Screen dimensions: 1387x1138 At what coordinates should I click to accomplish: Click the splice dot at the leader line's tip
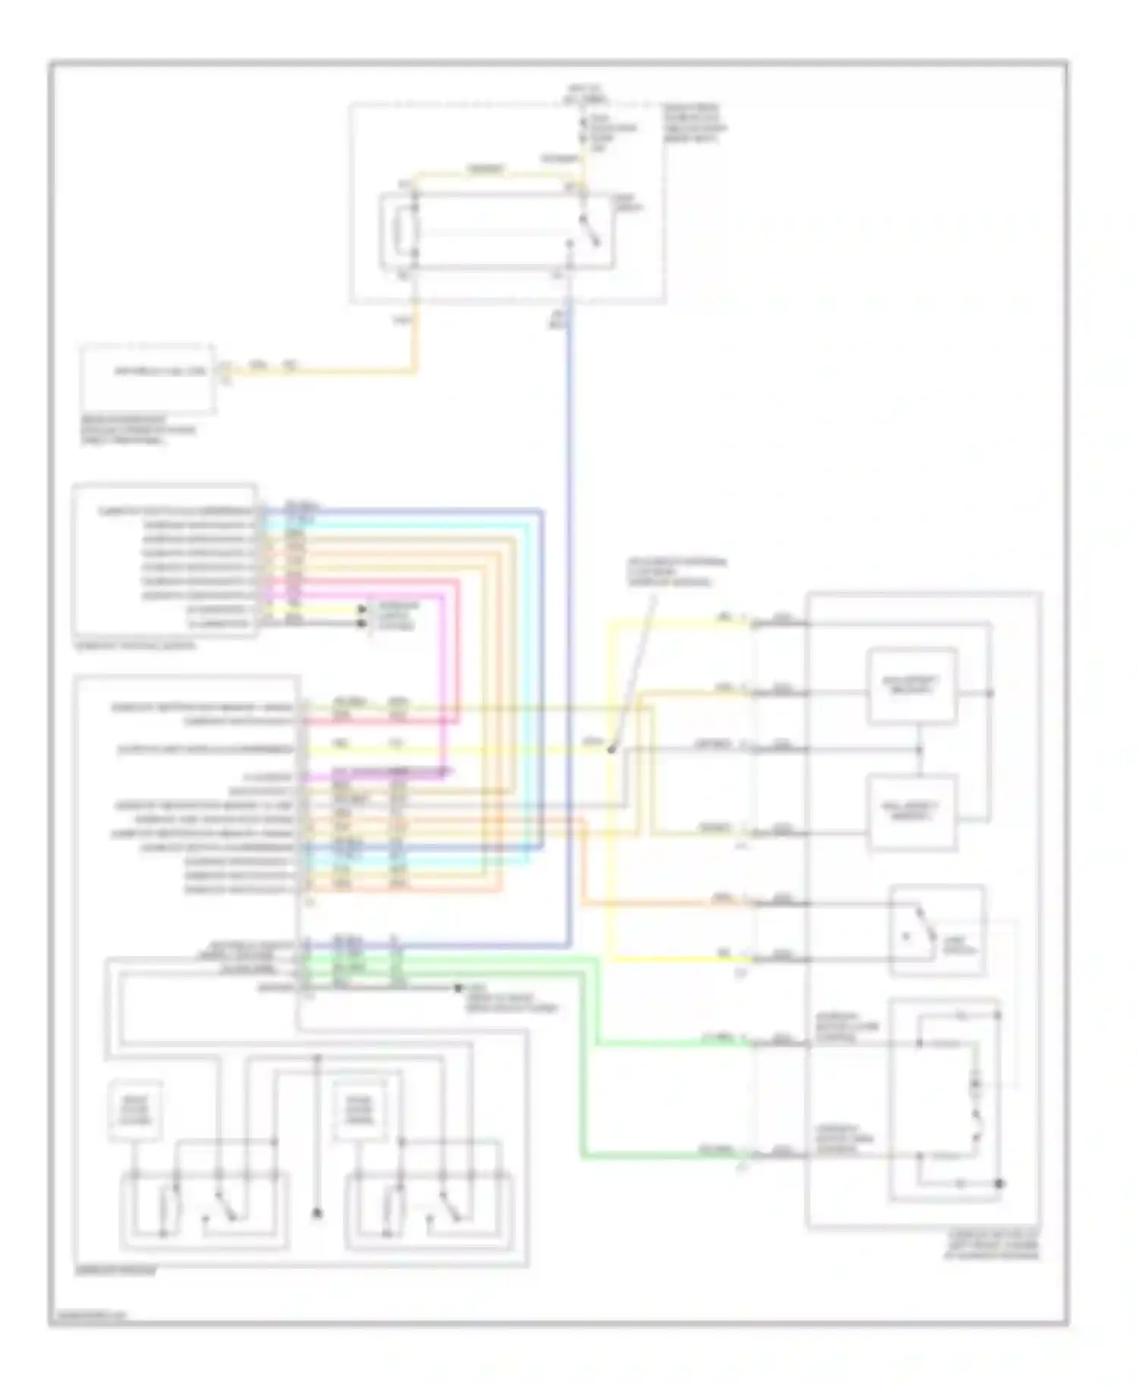611,750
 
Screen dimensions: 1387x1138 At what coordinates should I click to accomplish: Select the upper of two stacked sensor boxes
911,686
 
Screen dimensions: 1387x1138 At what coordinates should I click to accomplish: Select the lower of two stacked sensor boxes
911,812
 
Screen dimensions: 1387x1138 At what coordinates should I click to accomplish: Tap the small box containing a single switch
938,930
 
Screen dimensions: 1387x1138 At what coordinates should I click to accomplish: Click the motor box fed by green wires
945,1099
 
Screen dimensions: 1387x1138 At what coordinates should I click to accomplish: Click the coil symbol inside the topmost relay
404,231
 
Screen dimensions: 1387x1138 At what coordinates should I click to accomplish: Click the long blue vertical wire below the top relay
569,607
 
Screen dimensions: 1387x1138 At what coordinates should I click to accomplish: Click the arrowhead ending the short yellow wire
362,609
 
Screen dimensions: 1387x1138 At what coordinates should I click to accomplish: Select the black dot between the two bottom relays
317,1214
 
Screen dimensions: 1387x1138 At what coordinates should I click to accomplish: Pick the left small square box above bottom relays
135,1109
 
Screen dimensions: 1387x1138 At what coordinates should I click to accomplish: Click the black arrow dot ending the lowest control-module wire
457,989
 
